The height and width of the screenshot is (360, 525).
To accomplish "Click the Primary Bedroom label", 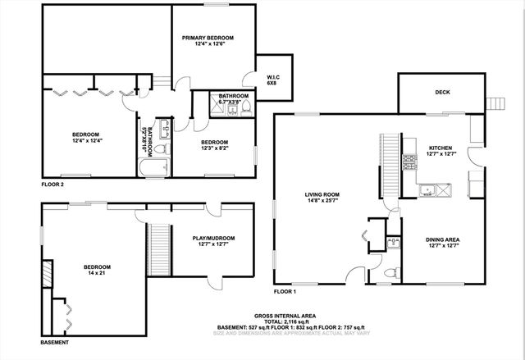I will (x=208, y=38).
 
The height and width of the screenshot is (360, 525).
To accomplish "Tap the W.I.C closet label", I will (x=273, y=78).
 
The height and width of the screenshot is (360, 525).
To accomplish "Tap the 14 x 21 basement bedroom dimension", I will (x=96, y=273).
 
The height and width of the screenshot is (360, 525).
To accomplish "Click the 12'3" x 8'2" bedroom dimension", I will (x=219, y=148).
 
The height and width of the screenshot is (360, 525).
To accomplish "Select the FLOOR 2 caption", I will (x=52, y=185).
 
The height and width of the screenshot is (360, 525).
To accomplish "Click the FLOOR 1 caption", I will (x=285, y=292).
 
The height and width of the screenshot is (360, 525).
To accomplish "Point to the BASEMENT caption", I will (x=55, y=342).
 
